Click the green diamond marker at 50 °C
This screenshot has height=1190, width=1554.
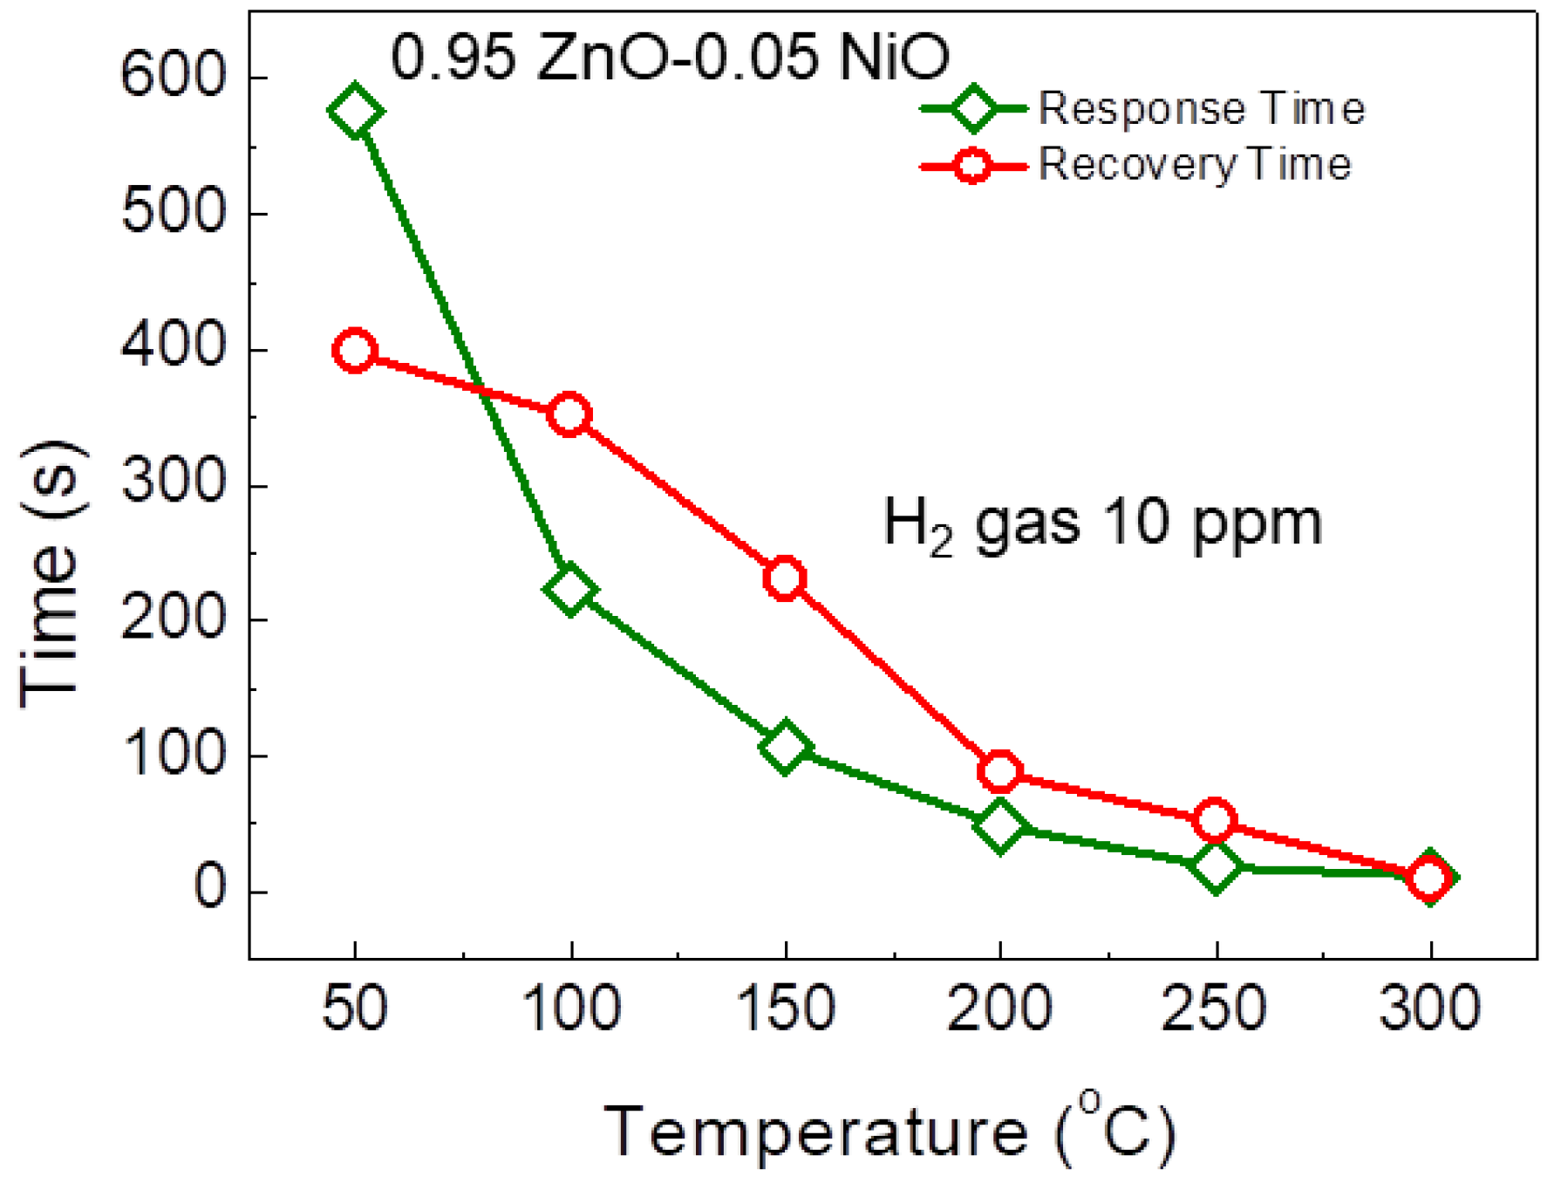coord(354,112)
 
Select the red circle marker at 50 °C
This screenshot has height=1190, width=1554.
coord(354,351)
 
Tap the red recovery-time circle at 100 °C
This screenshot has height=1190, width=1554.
coord(569,414)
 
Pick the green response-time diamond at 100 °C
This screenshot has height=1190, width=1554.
coord(569,590)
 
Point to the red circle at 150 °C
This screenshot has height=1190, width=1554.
coord(785,578)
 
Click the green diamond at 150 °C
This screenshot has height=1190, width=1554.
coord(785,747)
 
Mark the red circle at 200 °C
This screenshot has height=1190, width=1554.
coord(1000,770)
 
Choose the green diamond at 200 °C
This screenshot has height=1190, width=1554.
coord(1000,824)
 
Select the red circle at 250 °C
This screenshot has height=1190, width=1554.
coord(1215,819)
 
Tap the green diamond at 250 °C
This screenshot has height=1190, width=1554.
coord(1215,866)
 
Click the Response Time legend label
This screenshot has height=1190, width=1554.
coord(1201,109)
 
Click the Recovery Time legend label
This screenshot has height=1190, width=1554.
coord(1195,164)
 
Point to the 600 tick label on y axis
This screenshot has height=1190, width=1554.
coord(173,76)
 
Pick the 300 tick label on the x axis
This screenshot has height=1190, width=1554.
coord(1429,1008)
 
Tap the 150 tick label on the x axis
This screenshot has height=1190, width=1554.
coord(785,1008)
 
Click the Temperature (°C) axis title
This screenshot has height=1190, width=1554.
coord(889,1132)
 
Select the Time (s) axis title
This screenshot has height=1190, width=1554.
coord(52,576)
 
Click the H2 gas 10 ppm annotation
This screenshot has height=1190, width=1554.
coord(1102,523)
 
